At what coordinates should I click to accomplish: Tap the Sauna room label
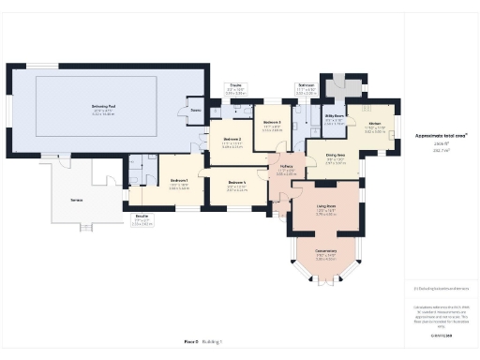click(195, 110)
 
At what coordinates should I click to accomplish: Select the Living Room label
click(325, 208)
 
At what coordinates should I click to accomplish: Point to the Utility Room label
click(333, 117)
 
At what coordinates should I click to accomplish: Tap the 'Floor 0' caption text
click(191, 341)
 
